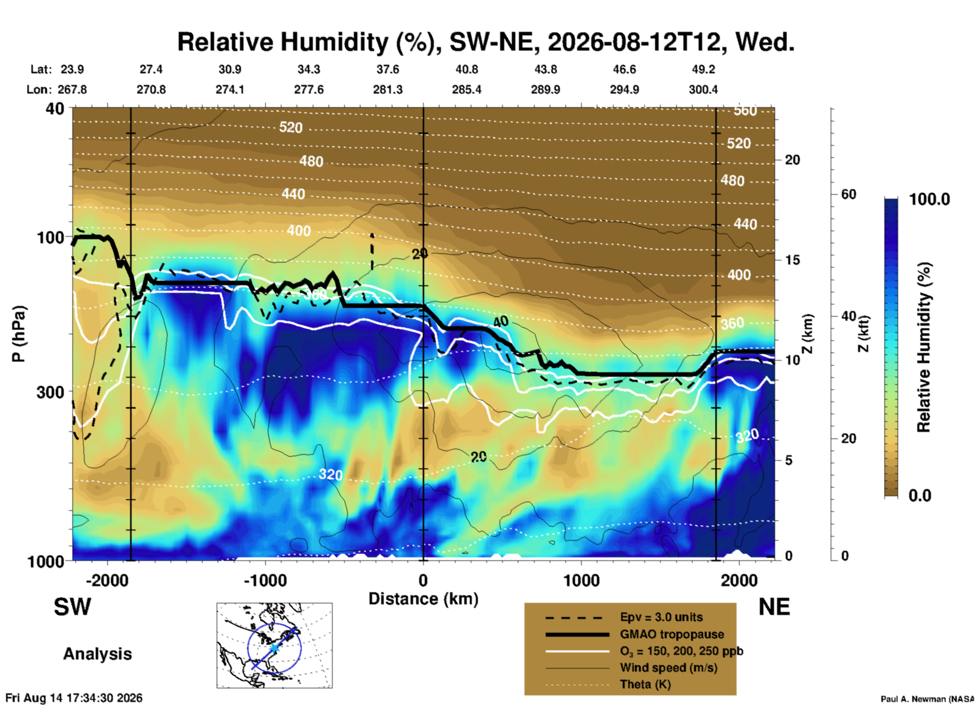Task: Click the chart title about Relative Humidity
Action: tap(485, 42)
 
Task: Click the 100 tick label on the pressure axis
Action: tap(51, 237)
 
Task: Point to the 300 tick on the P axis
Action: tap(51, 392)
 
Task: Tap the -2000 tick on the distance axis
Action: tap(107, 580)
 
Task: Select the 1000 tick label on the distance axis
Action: tap(581, 580)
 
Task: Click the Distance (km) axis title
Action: tap(423, 599)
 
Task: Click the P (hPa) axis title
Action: tap(18, 334)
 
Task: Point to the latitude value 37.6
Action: tap(388, 69)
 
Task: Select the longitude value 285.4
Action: tap(467, 90)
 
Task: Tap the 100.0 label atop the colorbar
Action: tap(930, 199)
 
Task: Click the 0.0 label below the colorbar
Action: tap(920, 495)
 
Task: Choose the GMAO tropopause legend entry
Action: tap(672, 634)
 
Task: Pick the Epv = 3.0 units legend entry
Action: tap(661, 617)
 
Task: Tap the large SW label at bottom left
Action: tap(72, 607)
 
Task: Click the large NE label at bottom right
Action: tap(774, 607)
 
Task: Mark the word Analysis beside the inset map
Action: tap(97, 654)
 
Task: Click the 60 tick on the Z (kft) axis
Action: tap(848, 194)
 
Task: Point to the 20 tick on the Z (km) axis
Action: tap(792, 160)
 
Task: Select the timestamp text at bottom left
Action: tap(74, 698)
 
